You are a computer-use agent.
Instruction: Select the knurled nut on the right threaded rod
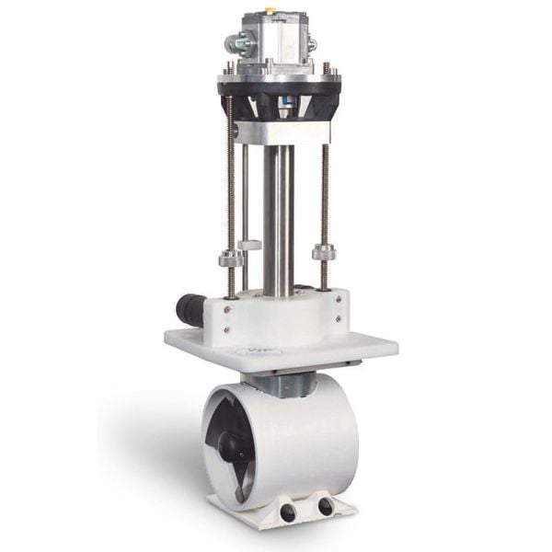tap(323, 251)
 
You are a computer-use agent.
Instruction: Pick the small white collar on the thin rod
tap(248, 245)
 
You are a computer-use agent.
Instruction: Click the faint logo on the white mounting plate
tap(247, 351)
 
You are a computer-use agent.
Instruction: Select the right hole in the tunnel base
tap(325, 507)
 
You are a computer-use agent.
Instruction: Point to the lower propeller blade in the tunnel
tap(242, 478)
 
